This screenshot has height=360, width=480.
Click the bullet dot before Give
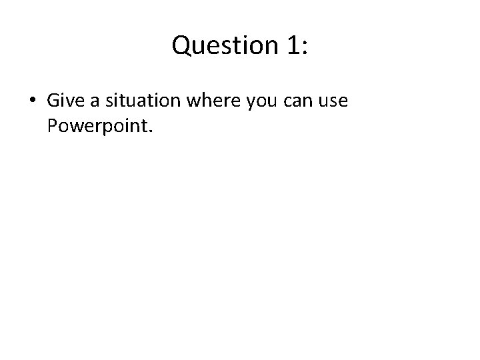pyautogui.click(x=32, y=102)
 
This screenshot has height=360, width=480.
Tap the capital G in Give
pyautogui.click(x=53, y=101)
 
